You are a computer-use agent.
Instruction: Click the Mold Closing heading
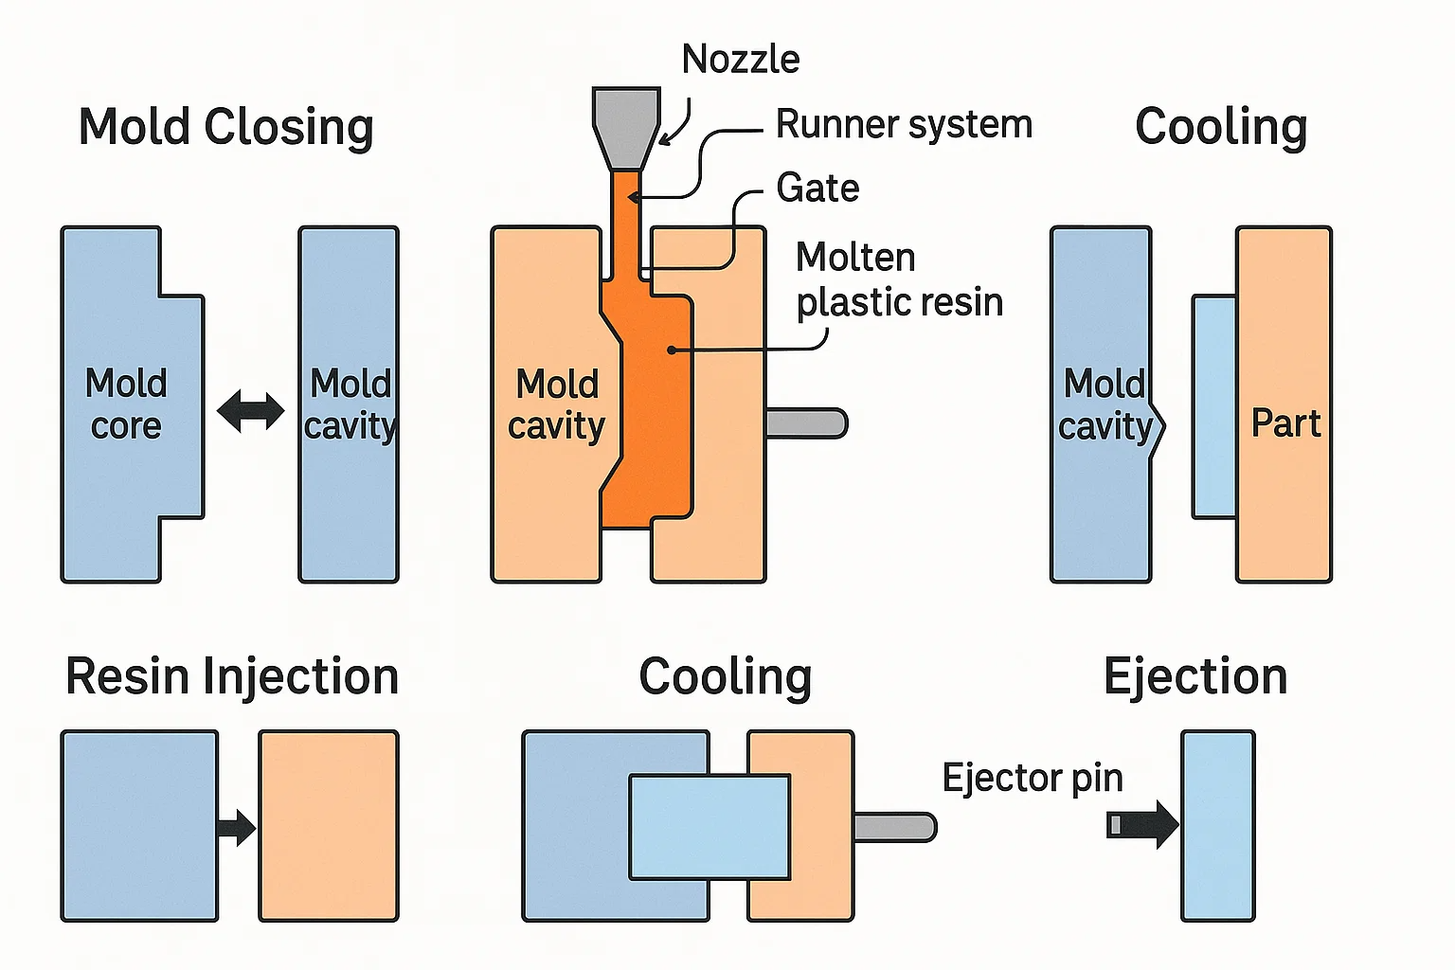tap(225, 128)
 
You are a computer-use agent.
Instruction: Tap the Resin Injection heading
tap(232, 677)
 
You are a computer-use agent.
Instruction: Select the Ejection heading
tap(1195, 677)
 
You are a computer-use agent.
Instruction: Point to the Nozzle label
tap(741, 60)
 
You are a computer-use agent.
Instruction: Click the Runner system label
tap(904, 124)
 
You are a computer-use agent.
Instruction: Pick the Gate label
tap(817, 188)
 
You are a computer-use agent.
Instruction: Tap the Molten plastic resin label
tap(898, 279)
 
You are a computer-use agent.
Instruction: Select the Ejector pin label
tap(1033, 778)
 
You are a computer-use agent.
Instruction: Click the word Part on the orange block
tap(1285, 422)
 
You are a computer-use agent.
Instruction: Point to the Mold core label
tap(126, 404)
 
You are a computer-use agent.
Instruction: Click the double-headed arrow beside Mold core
tap(251, 411)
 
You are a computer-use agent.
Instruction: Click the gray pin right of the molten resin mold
tap(806, 422)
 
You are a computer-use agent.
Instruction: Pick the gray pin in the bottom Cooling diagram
tap(894, 826)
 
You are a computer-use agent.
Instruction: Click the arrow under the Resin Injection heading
tap(236, 827)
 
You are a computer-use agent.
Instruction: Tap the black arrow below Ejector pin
tap(1143, 824)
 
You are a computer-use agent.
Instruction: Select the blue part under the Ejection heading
tap(1218, 825)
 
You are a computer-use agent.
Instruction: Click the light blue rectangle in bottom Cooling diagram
tap(710, 827)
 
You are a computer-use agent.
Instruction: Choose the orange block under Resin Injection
tap(329, 825)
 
